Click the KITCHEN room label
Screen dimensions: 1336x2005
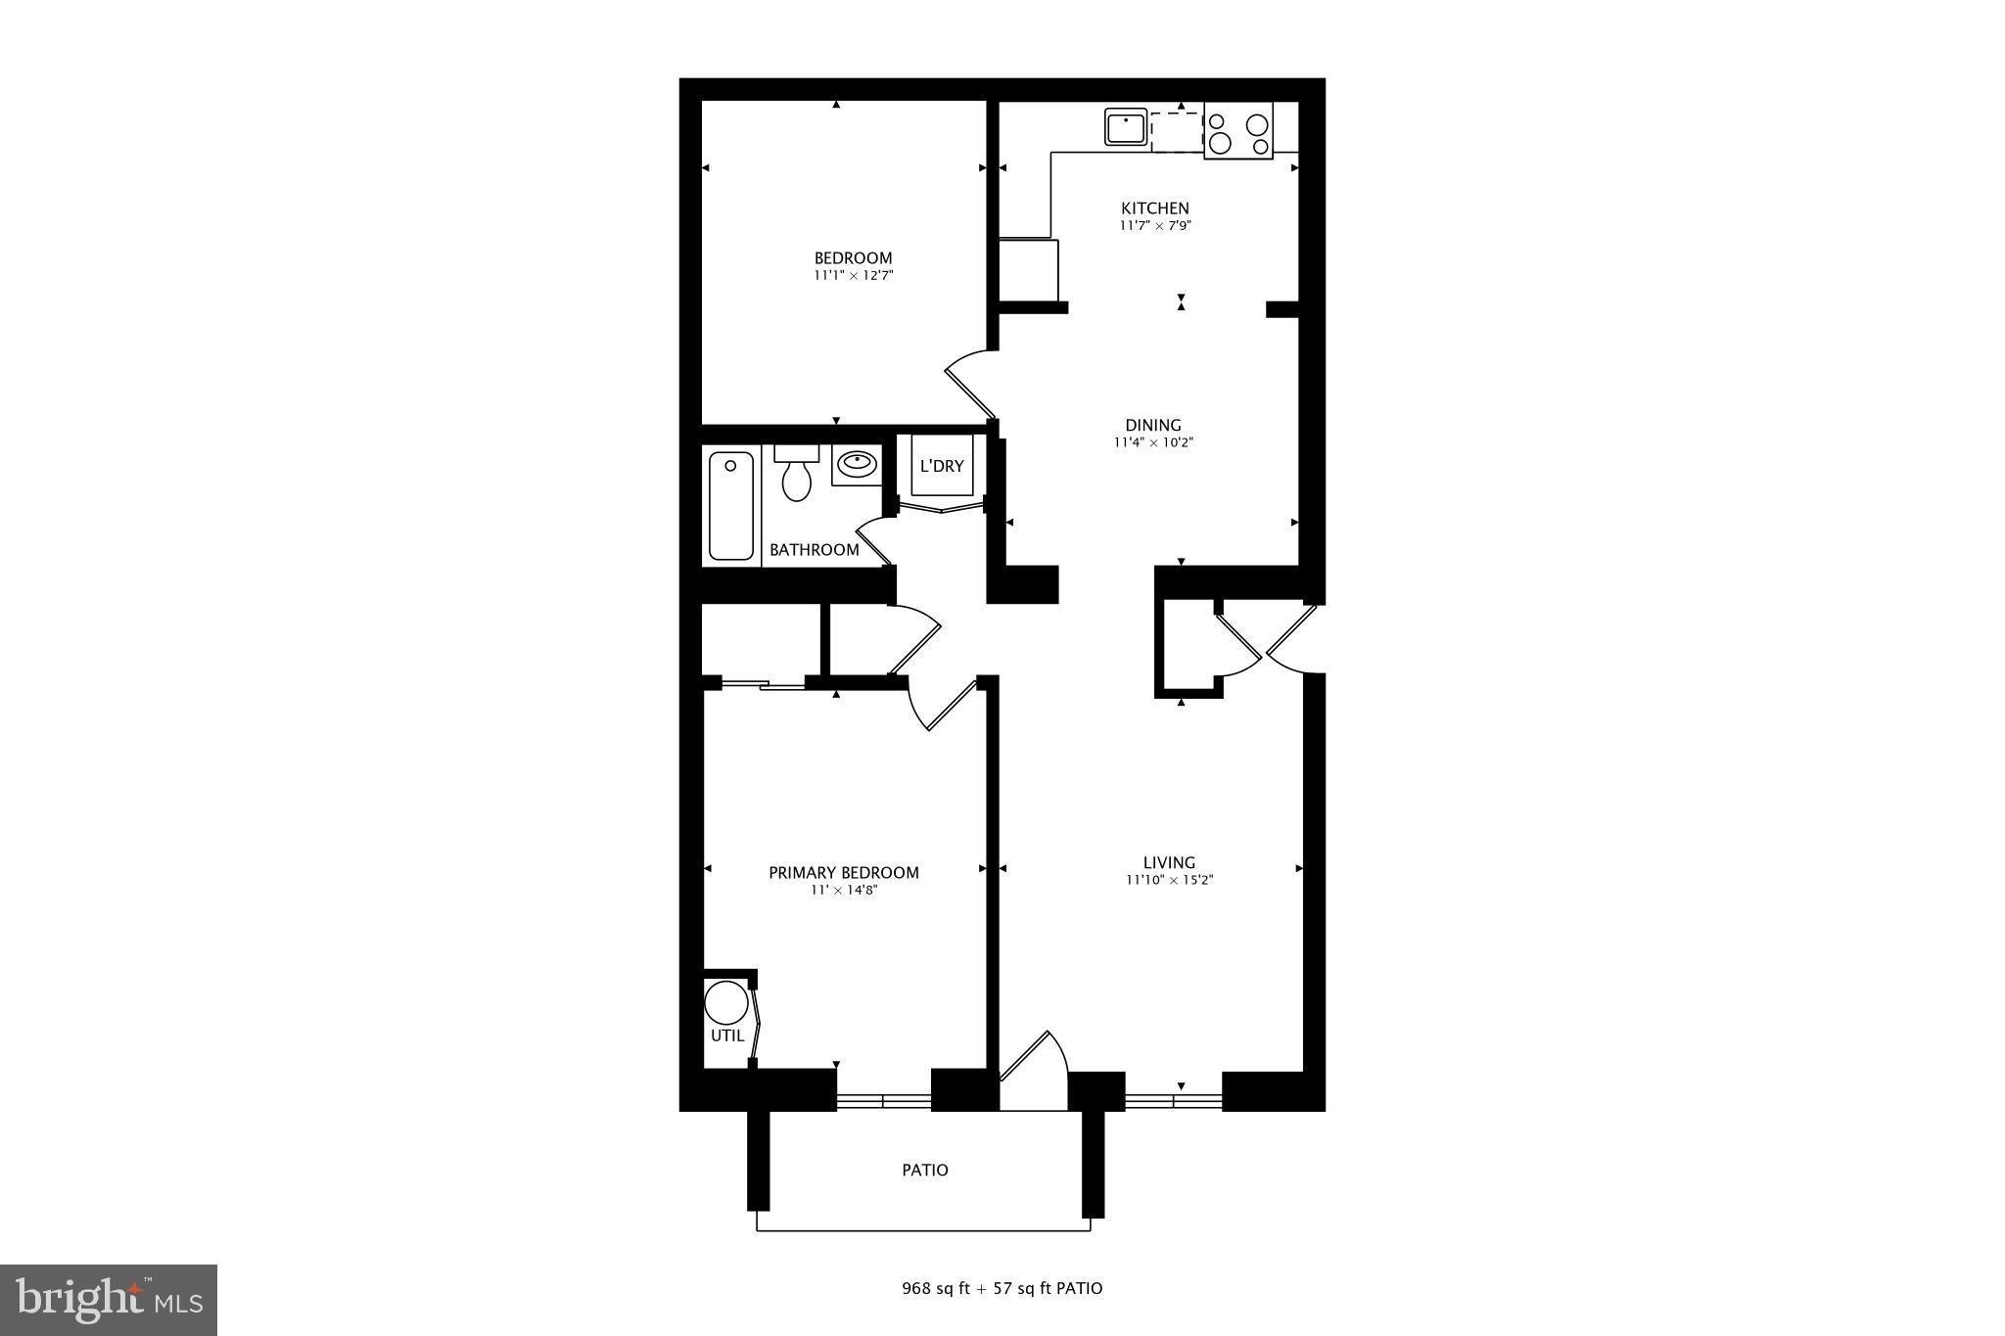[1154, 208]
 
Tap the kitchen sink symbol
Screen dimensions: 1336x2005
[1126, 127]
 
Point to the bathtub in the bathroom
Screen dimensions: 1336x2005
[730, 505]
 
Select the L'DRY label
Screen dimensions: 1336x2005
[941, 467]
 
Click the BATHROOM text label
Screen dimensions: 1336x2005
[814, 550]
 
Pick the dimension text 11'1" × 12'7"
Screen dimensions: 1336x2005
[853, 276]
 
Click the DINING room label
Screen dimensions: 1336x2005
[1152, 426]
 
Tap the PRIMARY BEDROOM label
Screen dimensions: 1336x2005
[843, 873]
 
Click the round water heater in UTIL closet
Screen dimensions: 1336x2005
[726, 1003]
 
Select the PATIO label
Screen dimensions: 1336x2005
[924, 1171]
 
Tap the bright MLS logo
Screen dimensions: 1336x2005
[109, 1300]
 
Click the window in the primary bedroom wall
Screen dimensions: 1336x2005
[883, 1101]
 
